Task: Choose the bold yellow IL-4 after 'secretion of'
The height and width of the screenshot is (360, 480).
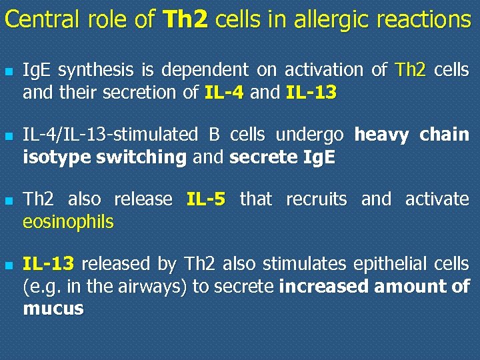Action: tap(225, 92)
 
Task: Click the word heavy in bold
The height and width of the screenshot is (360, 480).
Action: tap(382, 135)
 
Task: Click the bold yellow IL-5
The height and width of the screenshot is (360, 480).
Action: tap(206, 199)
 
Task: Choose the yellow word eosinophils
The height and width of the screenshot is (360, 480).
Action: tap(68, 221)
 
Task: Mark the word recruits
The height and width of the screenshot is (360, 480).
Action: tap(316, 199)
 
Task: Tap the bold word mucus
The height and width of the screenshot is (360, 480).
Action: tap(53, 309)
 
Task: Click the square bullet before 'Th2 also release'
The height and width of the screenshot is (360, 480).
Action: tap(9, 200)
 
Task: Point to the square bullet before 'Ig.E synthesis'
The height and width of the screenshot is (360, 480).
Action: tap(9, 71)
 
